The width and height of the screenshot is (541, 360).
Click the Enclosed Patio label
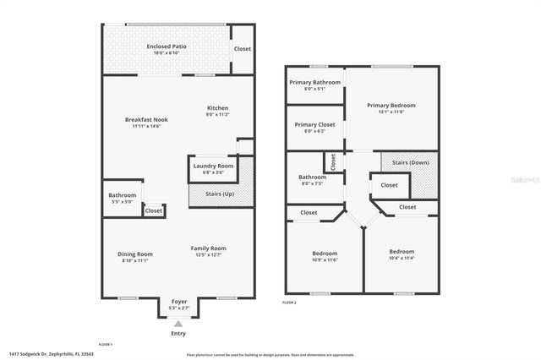point(166,46)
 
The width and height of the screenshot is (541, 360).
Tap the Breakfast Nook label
point(146,120)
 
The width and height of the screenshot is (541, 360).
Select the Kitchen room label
point(218,108)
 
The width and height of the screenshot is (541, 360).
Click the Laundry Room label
point(213,166)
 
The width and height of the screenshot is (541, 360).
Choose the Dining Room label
point(134,254)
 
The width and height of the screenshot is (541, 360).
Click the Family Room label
point(210,248)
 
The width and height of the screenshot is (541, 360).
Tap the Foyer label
point(179,302)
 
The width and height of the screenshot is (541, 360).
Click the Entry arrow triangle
point(178,323)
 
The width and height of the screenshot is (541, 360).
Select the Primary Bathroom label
point(314,83)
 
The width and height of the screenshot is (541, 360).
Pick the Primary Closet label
point(314,125)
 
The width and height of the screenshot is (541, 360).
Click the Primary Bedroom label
point(392,106)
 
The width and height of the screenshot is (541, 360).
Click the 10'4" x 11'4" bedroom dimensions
point(402,259)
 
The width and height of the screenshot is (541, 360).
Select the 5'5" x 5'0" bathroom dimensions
point(123,202)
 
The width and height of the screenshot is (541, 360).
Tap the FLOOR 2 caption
point(289,302)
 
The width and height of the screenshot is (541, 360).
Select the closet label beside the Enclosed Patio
point(243,49)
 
